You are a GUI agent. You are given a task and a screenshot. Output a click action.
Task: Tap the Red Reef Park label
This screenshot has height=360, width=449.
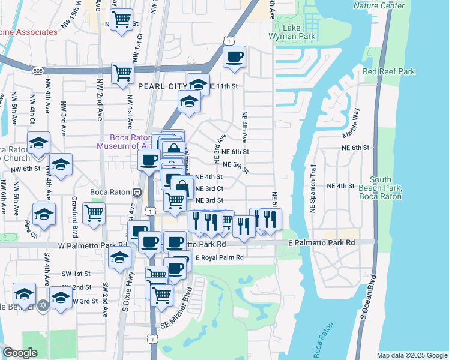click(389, 71)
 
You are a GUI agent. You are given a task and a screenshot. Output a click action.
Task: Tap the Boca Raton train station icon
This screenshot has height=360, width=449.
click(137, 192)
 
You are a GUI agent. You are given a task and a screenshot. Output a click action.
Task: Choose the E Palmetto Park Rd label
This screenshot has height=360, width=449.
click(321, 242)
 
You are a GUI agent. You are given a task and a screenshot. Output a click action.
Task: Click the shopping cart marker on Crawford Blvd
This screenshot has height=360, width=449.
click(94, 213)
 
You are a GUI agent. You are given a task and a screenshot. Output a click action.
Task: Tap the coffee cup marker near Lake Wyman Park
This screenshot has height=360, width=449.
click(234, 57)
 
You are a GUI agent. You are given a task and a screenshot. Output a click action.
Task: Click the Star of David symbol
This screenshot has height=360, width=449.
click(41, 306)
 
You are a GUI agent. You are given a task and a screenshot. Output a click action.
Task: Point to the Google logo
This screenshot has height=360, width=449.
click(20, 353)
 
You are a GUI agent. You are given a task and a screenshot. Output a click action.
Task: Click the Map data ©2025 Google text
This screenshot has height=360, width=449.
click(411, 355)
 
